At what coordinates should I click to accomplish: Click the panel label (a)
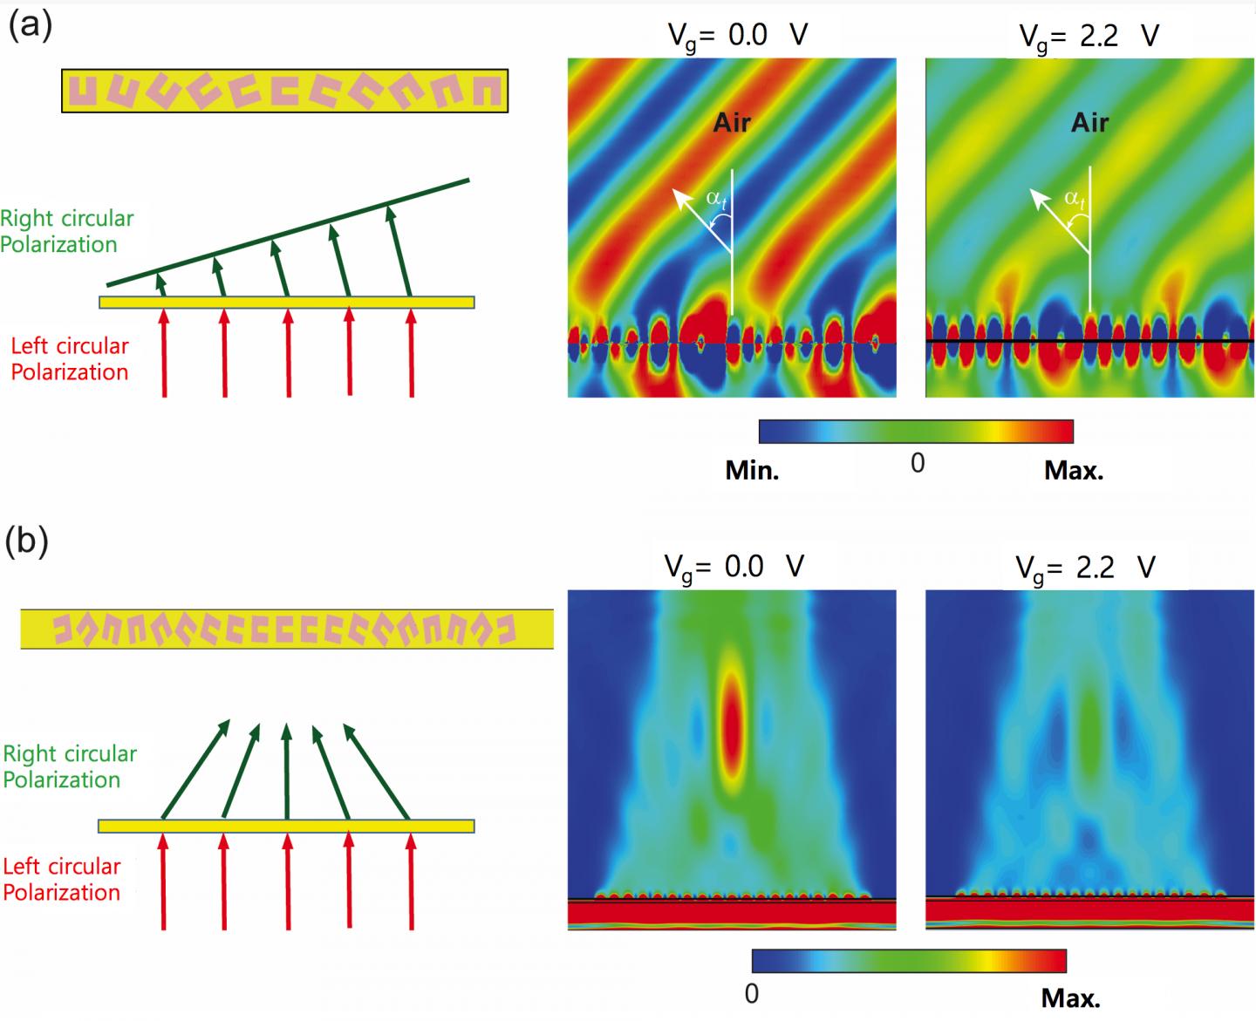point(30,25)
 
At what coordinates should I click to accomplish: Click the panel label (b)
point(27,541)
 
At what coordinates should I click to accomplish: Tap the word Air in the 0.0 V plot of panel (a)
point(732,122)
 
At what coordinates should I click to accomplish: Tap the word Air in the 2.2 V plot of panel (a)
point(1089,122)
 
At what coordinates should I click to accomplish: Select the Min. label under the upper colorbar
point(752,471)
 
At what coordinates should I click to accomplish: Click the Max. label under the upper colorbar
point(1073,471)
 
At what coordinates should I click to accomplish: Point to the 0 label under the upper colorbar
point(917,463)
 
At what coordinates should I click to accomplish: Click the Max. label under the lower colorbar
point(1070,997)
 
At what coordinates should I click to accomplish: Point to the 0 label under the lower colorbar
point(752,993)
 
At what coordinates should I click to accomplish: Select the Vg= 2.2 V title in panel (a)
point(1089,36)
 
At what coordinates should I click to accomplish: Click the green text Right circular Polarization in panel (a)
point(66,231)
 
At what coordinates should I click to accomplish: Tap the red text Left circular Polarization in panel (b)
point(61,879)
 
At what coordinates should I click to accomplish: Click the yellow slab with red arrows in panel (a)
point(286,303)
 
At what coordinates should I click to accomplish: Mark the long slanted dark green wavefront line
point(288,233)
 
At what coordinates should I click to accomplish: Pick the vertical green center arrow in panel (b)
point(287,772)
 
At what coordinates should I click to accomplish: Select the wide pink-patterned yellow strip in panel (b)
point(286,629)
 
